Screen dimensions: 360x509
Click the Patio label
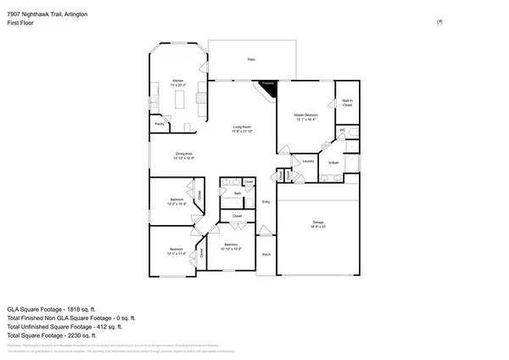click(x=251, y=59)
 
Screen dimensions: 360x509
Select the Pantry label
click(x=159, y=124)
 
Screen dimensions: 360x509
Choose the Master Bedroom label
click(x=305, y=116)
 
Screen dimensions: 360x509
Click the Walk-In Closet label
click(x=347, y=103)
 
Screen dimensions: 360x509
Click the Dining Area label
click(x=185, y=155)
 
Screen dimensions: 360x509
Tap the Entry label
click(x=266, y=201)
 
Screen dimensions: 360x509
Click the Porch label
click(x=266, y=255)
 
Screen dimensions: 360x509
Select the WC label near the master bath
click(x=343, y=130)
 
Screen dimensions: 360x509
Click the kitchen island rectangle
click(x=180, y=101)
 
